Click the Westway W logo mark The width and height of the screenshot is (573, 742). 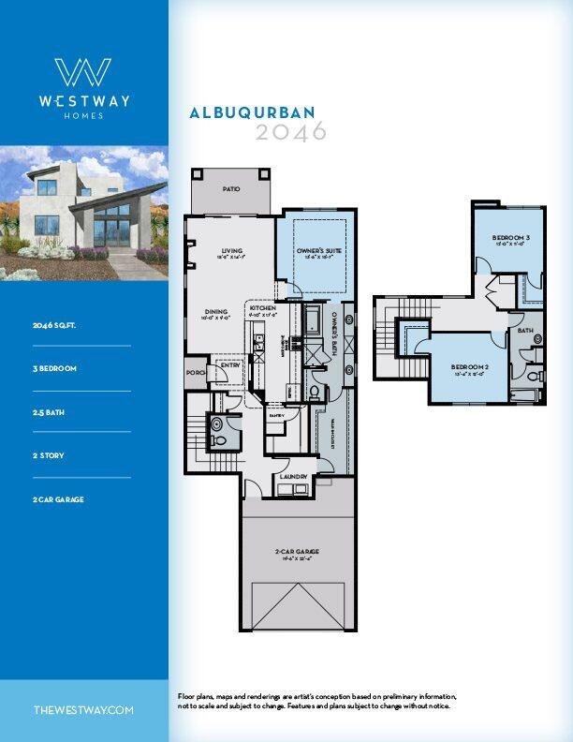(x=83, y=73)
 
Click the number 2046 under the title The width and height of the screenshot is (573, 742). (x=291, y=132)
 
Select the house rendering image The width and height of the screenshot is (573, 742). (x=84, y=214)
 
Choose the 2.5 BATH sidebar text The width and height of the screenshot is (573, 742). (x=51, y=412)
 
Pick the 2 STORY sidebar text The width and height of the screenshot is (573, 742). (x=49, y=455)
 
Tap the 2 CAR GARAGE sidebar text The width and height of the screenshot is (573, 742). (x=58, y=499)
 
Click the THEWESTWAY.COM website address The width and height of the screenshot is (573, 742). (x=83, y=710)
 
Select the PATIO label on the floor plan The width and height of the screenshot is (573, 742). (x=230, y=189)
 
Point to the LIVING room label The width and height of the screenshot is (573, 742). (x=232, y=250)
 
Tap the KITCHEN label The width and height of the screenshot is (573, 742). (x=262, y=308)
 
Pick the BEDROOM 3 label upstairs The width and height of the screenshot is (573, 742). (x=511, y=238)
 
